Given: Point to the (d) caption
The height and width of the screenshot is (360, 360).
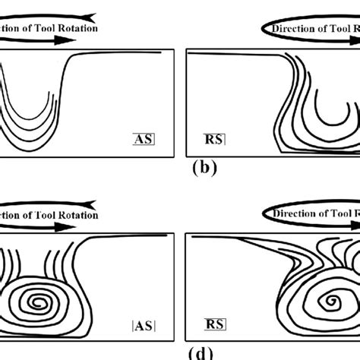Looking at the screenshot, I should [179, 353].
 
